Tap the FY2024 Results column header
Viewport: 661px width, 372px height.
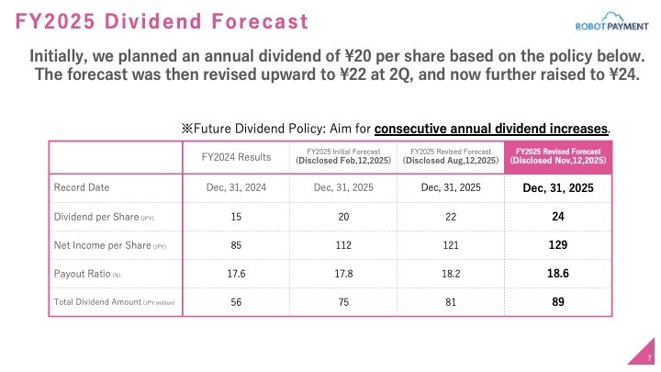(236, 157)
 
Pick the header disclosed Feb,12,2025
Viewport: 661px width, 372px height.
(342, 156)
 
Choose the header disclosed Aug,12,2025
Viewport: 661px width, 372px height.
(450, 156)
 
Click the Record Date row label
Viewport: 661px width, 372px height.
(83, 187)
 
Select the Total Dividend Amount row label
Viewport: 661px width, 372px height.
(114, 302)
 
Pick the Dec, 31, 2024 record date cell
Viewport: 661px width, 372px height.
(236, 187)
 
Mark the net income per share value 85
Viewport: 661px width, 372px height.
(236, 245)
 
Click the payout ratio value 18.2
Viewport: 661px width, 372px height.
(450, 274)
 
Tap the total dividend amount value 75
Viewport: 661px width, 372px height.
(342, 302)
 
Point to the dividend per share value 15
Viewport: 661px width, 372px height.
(236, 217)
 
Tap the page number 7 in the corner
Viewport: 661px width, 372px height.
(649, 357)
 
